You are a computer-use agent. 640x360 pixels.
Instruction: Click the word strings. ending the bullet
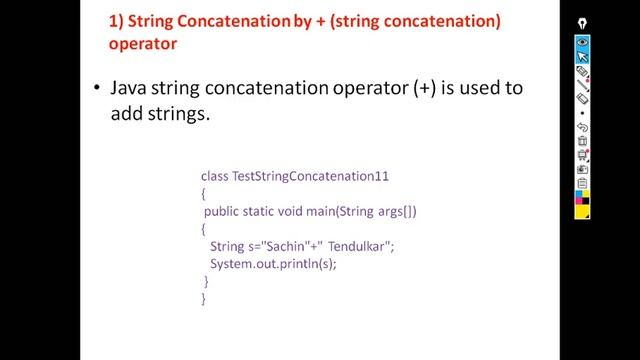176,114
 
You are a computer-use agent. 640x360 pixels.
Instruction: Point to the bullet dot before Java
97,88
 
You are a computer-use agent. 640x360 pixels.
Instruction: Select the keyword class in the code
214,176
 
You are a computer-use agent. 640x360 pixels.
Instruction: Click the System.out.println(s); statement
273,264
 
